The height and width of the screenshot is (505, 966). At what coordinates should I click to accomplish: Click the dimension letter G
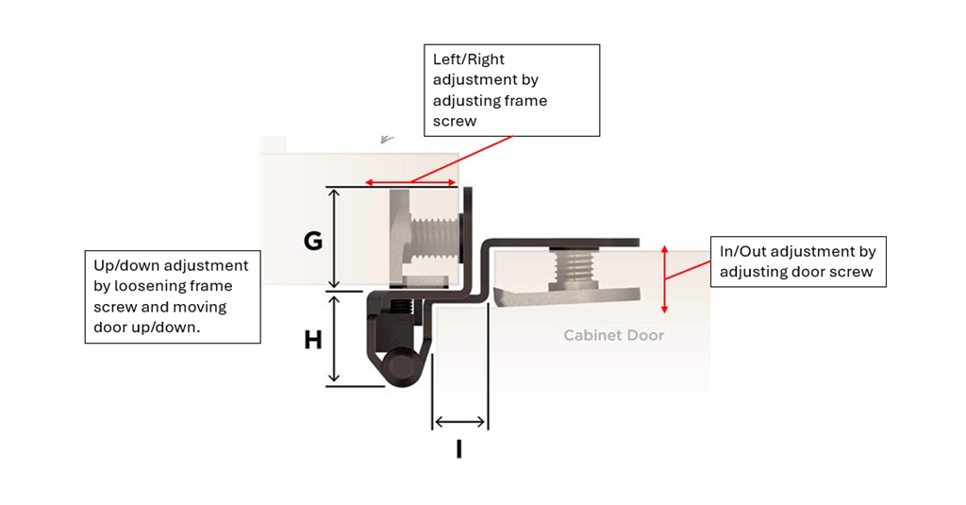coord(313,242)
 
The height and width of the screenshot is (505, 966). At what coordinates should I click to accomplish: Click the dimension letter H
coord(313,340)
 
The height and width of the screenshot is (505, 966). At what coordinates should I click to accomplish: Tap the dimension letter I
coord(459,449)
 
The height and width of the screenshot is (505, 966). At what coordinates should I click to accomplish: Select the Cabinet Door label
coord(613,335)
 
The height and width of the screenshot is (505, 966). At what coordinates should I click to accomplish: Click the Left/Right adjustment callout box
coord(510,91)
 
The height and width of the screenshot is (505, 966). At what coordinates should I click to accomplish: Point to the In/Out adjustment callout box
coord(797,261)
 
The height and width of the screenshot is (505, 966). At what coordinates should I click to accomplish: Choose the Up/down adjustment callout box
coord(172,296)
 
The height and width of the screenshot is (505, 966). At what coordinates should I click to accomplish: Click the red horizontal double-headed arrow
coord(410,182)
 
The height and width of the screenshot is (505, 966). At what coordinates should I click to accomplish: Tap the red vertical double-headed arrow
coord(664,278)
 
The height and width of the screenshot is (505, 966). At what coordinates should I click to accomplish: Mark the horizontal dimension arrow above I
coord(459,422)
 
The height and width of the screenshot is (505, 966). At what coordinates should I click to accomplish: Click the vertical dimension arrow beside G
coord(333,238)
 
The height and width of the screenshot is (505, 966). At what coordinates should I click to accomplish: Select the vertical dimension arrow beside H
coord(333,338)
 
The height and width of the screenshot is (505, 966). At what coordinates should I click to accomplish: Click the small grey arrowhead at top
coord(387,139)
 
